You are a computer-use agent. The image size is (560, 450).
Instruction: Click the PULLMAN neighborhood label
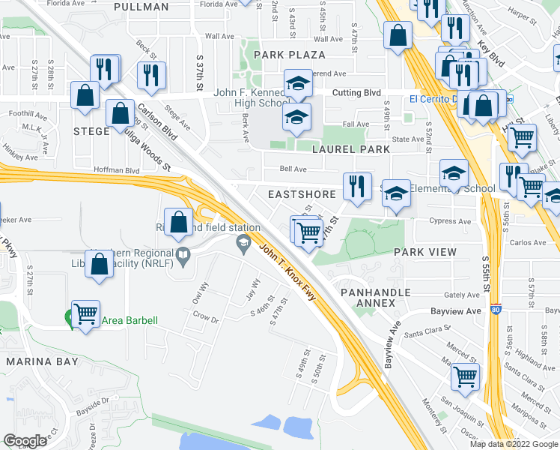[141, 7]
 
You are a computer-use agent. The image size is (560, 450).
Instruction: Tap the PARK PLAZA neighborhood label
[289, 55]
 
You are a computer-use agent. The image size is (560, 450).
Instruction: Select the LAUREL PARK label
[351, 149]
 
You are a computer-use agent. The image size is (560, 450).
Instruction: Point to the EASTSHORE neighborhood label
[302, 193]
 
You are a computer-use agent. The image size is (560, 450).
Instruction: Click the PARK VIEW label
[422, 253]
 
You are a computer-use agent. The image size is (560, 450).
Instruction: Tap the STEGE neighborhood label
[91, 131]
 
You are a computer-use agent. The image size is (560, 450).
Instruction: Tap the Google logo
[25, 440]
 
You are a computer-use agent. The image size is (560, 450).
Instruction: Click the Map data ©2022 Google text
[513, 443]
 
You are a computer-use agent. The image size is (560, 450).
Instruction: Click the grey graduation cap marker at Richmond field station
[243, 242]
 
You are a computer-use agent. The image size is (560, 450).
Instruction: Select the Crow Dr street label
[204, 319]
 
